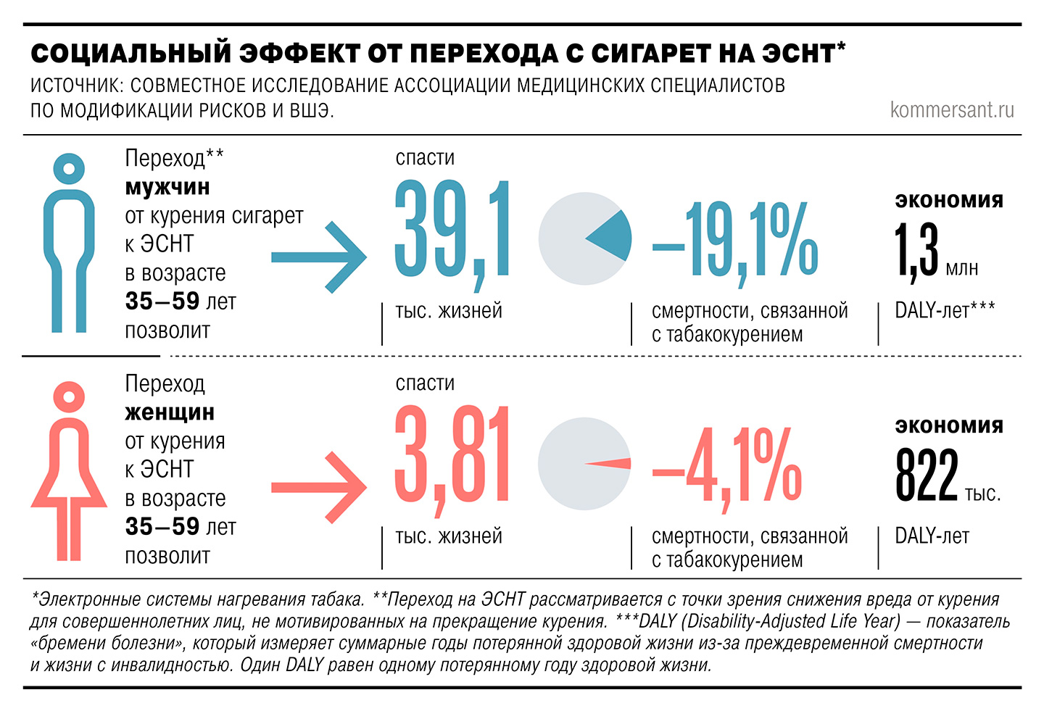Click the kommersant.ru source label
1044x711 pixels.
click(951, 110)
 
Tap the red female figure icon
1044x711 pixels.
click(70, 471)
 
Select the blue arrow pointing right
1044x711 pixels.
click(319, 257)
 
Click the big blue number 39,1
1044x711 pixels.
click(452, 230)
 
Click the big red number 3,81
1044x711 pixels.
click(452, 457)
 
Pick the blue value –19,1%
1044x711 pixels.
click(736, 239)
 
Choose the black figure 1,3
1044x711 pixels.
click(916, 251)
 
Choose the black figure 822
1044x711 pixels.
click(927, 475)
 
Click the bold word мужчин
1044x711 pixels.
click(167, 187)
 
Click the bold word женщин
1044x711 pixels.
click(170, 412)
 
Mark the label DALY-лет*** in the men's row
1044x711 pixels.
click(945, 310)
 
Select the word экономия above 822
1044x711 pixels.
click(949, 425)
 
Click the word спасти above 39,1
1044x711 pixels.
click(425, 157)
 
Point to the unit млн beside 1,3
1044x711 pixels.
click(962, 269)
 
